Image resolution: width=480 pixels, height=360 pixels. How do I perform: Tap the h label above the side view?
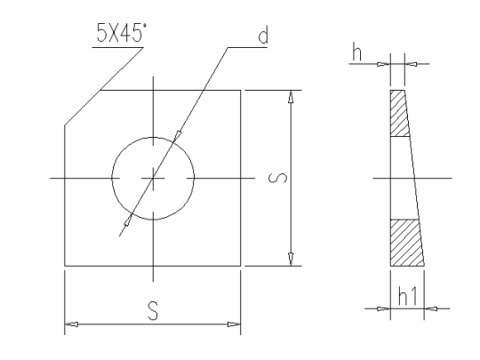pyautogui.click(x=356, y=54)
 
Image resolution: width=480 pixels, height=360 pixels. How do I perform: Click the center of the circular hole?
pyautogui.click(x=153, y=178)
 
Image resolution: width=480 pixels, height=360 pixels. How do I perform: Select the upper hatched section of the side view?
pyautogui.click(x=399, y=116)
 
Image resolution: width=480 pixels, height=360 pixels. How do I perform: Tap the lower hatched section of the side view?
pyautogui.click(x=405, y=242)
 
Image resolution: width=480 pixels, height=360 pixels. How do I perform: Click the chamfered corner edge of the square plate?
pyautogui.click(x=82, y=108)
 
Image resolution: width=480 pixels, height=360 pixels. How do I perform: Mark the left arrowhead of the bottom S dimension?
pyautogui.click(x=71, y=323)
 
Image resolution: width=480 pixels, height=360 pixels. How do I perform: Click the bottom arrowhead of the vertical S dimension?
pyautogui.click(x=290, y=259)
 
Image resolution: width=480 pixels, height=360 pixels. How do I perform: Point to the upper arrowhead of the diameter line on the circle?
pyautogui.click(x=178, y=135)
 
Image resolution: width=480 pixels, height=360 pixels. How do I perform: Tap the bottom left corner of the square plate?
pyautogui.click(x=64, y=266)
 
